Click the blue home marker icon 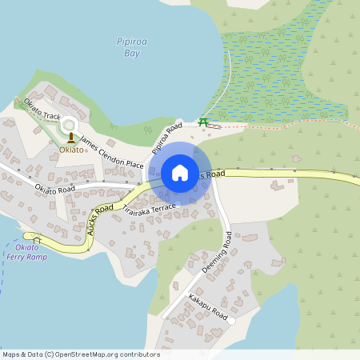pos(180,173)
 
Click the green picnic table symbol pos(203,122)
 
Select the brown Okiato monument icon pos(70,137)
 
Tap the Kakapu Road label pos(208,308)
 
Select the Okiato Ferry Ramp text pos(26,252)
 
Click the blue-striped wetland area pos(272,64)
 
